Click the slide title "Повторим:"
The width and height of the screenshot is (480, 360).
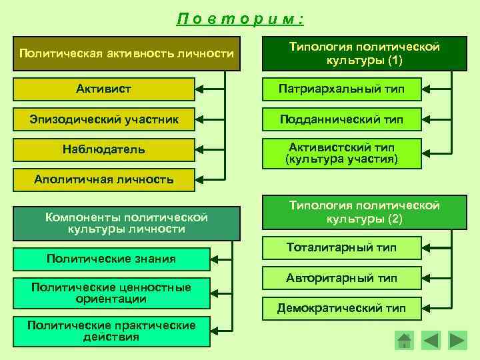[241, 19]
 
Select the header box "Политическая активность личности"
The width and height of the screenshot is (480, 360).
[127, 53]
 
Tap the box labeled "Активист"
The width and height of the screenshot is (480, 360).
[104, 89]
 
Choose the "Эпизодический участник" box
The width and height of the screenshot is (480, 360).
[104, 119]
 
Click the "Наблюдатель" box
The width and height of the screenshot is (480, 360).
[104, 149]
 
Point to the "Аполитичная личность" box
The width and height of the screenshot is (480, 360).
[104, 179]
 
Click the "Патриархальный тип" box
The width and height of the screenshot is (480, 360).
[341, 89]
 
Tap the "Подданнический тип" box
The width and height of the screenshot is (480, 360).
[341, 119]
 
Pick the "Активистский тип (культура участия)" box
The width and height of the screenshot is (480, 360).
[341, 153]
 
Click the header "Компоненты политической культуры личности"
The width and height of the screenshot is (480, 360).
[127, 223]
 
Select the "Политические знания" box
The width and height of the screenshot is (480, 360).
[111, 259]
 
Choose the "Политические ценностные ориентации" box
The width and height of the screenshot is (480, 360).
[111, 293]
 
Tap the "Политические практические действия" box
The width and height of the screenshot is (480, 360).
[111, 331]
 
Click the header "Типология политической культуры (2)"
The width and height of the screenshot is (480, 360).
[364, 213]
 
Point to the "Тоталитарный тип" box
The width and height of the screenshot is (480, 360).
[341, 248]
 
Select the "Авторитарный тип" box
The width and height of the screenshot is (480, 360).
[341, 278]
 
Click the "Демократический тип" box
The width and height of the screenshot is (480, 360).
[341, 308]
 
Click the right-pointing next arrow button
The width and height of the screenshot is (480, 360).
[457, 341]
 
